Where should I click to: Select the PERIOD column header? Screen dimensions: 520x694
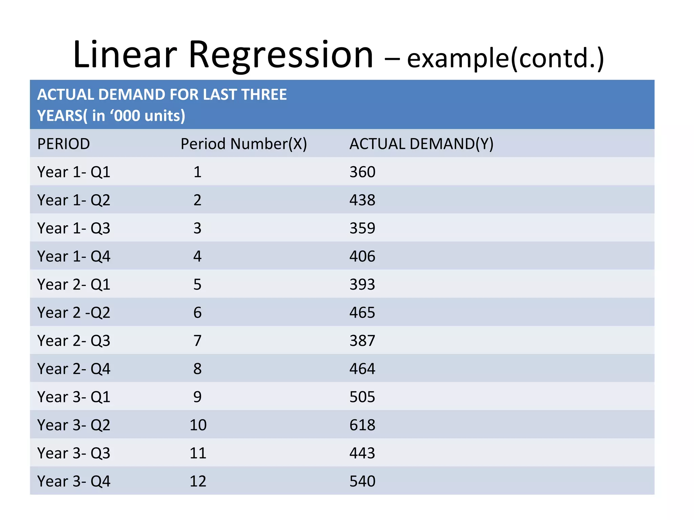click(x=63, y=144)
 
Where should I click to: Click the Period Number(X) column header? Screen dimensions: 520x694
click(x=244, y=144)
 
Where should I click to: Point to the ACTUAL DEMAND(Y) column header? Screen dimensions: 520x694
click(x=421, y=144)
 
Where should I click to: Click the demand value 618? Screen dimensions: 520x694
click(x=362, y=425)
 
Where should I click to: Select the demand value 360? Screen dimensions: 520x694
click(x=362, y=172)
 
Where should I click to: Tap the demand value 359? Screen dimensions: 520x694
click(x=362, y=228)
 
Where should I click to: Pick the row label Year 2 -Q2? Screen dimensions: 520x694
click(x=74, y=312)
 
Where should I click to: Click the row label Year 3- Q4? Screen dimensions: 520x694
click(x=74, y=481)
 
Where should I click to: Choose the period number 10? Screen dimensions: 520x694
click(x=198, y=425)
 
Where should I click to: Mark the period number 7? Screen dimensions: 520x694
click(x=197, y=341)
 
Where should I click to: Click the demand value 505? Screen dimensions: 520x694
click(x=362, y=397)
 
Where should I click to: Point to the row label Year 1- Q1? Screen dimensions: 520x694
click(x=74, y=172)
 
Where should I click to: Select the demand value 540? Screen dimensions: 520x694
click(x=362, y=481)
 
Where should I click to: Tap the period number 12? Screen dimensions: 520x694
click(x=198, y=481)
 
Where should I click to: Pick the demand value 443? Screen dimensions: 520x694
click(x=362, y=453)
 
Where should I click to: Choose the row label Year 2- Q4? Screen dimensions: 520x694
click(x=74, y=369)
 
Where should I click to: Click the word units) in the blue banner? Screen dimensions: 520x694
click(x=165, y=116)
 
